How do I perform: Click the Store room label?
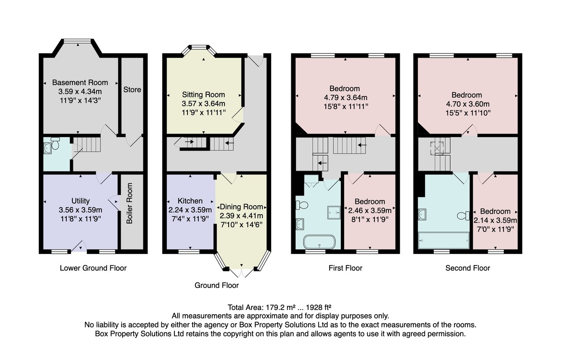[132, 90]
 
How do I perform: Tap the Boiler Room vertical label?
[129, 203]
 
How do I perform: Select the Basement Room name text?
[80, 82]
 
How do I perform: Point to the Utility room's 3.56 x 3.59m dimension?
[80, 210]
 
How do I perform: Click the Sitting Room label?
[203, 95]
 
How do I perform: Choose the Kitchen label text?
[190, 201]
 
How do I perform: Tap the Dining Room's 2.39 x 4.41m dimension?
[241, 216]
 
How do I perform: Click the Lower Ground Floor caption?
[93, 268]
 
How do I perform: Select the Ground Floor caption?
[216, 285]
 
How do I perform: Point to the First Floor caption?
[345, 268]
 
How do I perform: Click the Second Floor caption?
[467, 268]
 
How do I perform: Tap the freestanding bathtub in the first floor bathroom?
[319, 242]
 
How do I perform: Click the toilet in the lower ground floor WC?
[55, 143]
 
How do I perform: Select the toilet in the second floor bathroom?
[463, 216]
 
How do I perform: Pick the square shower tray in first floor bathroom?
[334, 213]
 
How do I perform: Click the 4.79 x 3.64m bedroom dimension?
[345, 97]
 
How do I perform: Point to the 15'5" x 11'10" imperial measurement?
[468, 113]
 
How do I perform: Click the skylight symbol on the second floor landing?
[437, 148]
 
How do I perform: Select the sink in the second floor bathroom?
[422, 215]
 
